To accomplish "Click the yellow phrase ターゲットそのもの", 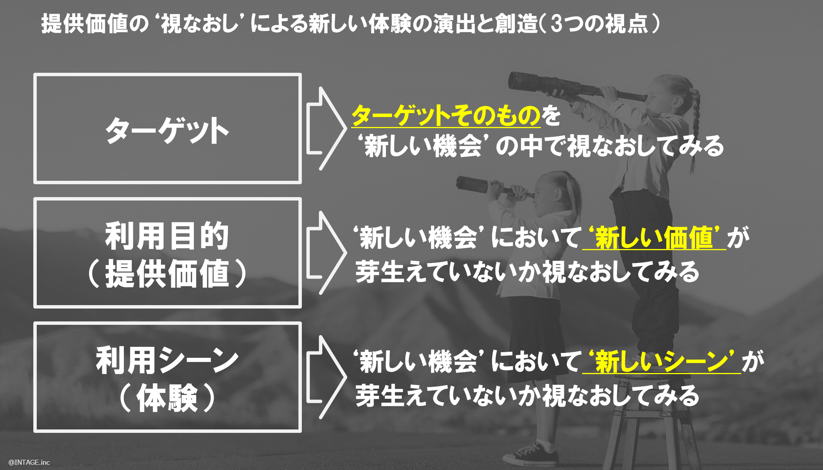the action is click(446, 115).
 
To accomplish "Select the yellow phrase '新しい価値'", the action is click(654, 238).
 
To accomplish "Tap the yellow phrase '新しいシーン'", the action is click(661, 362).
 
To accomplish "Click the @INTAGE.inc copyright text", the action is click(29, 462).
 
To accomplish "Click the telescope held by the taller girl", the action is click(576, 88).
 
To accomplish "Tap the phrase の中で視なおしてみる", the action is click(610, 146).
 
